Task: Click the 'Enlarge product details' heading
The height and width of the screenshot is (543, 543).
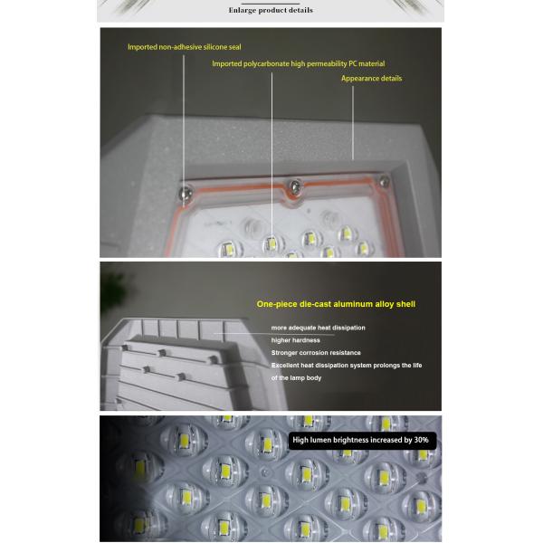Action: click(x=271, y=10)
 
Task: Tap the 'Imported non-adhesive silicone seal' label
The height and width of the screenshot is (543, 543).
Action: click(x=185, y=47)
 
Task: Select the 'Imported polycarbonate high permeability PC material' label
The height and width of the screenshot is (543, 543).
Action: click(x=298, y=63)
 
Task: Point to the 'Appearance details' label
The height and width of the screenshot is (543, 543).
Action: click(x=371, y=78)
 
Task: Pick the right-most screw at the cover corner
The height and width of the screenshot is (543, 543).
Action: click(x=384, y=181)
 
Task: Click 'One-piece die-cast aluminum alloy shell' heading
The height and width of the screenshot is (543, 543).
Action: click(x=336, y=304)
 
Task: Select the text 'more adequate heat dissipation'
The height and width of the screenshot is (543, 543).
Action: click(x=318, y=328)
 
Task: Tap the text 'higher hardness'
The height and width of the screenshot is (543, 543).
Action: click(x=295, y=340)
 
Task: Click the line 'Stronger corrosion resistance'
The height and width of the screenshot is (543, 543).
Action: click(x=316, y=353)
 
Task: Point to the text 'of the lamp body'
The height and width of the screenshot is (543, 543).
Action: click(x=296, y=377)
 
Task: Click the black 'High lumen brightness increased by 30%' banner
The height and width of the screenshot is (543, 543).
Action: click(x=362, y=441)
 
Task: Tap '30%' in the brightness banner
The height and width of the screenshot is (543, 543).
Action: click(x=421, y=440)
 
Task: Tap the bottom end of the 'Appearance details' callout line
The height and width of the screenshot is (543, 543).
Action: click(x=353, y=159)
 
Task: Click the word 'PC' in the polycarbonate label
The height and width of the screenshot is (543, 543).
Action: click(x=353, y=63)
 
